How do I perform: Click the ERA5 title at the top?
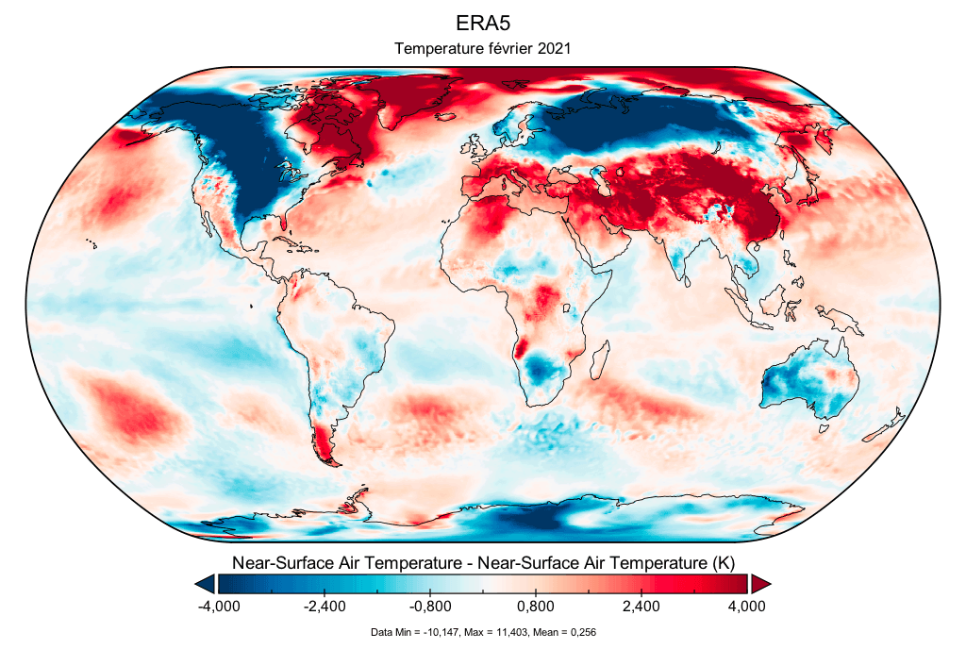pyautogui.click(x=482, y=24)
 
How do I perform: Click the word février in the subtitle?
pyautogui.click(x=507, y=48)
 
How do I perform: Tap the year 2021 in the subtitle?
pyautogui.click(x=553, y=48)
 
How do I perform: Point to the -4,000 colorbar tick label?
pyautogui.click(x=219, y=607)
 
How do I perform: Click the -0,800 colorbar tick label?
pyautogui.click(x=430, y=607)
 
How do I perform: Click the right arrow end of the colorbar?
pyautogui.click(x=760, y=584)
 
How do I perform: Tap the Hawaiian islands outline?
pyautogui.click(x=92, y=244)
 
